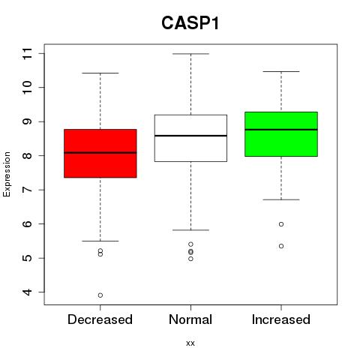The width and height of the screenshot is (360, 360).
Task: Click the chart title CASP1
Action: coord(190,23)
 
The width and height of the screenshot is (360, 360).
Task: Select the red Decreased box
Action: coord(100,154)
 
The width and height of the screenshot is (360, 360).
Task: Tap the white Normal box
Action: coord(190,138)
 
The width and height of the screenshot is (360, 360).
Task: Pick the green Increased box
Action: coord(281,134)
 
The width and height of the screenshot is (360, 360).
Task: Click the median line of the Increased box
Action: coord(281,130)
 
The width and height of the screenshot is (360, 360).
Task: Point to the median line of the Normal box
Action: coord(190,136)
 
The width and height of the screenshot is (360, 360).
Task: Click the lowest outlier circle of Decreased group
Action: coord(100,295)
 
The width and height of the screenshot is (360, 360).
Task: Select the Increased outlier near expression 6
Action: coord(281,224)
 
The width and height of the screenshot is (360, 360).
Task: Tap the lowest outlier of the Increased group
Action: coord(281,246)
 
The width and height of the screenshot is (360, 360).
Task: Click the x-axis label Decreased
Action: coord(100,319)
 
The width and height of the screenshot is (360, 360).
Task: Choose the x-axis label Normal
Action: coord(190,319)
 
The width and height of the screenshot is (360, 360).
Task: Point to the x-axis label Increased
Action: coord(281,319)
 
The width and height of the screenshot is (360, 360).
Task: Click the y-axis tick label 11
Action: coord(27,53)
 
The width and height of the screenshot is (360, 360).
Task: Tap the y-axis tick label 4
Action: coord(27,292)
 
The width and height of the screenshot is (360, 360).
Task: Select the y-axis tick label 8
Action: coord(27,155)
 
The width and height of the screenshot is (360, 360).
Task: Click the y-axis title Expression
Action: coord(7,174)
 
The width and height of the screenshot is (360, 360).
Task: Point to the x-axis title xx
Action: coord(190,343)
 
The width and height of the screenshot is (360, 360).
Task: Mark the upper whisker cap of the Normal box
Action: coord(190,54)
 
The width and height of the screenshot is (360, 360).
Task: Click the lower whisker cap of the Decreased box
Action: coord(100,241)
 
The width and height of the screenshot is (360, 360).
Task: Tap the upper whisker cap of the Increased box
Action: coord(281,71)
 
